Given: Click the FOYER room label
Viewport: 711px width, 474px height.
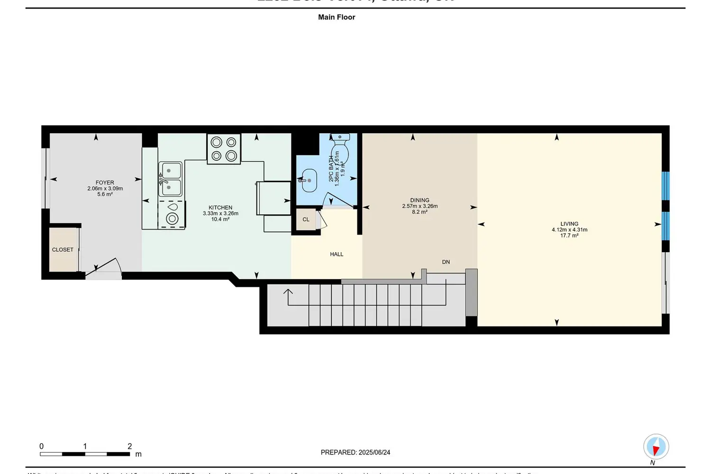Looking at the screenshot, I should [105, 182].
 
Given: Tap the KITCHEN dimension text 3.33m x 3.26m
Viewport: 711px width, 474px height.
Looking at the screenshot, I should [220, 213].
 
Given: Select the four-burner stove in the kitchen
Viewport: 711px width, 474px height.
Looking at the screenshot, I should [224, 149].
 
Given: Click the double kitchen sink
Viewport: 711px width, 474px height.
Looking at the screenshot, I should [170, 179].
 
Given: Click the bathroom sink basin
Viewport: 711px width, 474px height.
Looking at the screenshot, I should [309, 181].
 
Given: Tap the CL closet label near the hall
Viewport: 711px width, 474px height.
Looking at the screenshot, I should [306, 219].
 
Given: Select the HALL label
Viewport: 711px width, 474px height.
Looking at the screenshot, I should [337, 255].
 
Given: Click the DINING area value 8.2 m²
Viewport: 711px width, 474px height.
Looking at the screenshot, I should [419, 212].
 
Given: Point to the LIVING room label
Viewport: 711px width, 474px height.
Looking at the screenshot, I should [569, 224].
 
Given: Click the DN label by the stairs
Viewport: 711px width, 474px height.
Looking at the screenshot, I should [446, 262].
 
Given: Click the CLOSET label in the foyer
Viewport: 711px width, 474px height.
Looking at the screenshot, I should [63, 250].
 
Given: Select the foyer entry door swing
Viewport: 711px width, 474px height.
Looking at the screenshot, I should [107, 266].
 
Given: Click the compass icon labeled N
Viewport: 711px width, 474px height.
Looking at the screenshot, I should [656, 447].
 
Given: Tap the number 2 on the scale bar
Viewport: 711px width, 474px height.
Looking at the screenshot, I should [129, 446].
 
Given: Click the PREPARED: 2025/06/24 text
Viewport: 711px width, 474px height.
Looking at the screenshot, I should [355, 452].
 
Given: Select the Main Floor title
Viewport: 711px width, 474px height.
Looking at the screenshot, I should [337, 17].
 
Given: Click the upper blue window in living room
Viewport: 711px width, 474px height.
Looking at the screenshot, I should [665, 185].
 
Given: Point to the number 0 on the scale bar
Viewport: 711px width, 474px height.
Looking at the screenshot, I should [42, 446].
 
